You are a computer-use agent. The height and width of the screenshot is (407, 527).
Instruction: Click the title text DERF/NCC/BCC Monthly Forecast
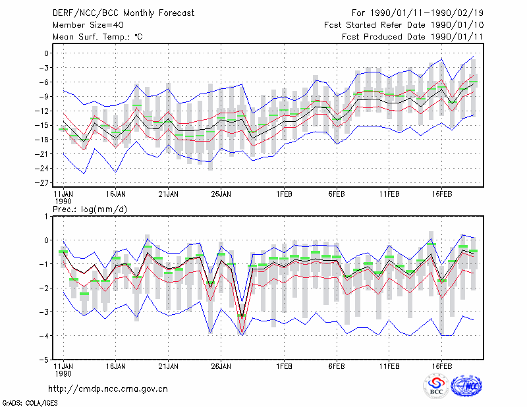pos(123,13)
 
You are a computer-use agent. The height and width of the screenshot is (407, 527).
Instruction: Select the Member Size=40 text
pos(88,25)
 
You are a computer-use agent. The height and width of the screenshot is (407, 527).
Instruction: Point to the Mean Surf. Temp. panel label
pos(97,37)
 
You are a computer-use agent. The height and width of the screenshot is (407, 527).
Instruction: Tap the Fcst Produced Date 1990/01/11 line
pos(412,37)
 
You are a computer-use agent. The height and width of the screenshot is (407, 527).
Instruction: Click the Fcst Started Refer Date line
pos(404,25)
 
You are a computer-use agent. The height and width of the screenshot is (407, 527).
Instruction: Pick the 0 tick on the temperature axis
pos(46,53)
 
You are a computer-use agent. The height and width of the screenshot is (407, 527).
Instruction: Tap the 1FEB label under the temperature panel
pos(284,194)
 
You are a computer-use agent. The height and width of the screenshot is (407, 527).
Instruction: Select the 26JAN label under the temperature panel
pos(221,194)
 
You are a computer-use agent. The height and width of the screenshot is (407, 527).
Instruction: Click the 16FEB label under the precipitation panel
pos(441,366)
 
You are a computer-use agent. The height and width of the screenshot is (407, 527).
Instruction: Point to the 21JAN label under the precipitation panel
pos(169,366)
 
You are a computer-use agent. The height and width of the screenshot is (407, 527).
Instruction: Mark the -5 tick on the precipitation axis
pos(44,360)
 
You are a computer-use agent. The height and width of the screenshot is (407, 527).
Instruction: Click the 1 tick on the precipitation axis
pos(46,216)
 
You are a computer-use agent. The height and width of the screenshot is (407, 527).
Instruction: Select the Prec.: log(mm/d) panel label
pos(90,209)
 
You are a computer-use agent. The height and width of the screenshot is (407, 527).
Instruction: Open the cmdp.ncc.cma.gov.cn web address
pos(108,389)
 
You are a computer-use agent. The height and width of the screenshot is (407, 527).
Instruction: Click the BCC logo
pos(436,387)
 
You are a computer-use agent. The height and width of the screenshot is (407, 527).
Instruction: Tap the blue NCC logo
pos(466,386)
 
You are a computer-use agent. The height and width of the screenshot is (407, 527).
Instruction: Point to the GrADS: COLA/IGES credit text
pos(30,403)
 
